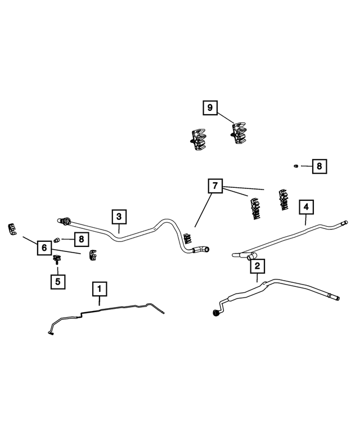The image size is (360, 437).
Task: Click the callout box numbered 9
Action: pos(210,107)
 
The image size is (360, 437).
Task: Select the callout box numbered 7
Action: pos(215,186)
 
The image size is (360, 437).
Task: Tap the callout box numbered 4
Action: pos(306,207)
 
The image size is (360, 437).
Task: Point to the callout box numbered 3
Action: pos(119,217)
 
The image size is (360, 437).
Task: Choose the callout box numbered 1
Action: pos(100,289)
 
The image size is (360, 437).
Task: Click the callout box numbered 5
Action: pos(58,281)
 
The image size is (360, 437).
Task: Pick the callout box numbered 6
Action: pos(44,248)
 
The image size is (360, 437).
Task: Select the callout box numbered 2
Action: pos(257,266)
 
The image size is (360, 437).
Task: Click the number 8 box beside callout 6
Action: pos(82,239)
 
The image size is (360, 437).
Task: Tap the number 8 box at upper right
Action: pos(319,166)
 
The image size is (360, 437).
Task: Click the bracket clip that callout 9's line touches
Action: pos(238,133)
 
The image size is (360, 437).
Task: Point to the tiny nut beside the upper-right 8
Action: pos(296,166)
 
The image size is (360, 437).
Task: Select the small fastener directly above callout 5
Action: pos(57,259)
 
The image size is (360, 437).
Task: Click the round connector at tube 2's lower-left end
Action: pos(215,313)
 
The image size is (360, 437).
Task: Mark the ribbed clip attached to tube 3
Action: pos(188,240)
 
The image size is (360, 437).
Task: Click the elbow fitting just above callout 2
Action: pos(251,256)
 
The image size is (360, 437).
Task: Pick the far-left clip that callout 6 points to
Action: pos(12,229)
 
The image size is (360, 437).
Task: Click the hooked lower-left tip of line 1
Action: pos(51,333)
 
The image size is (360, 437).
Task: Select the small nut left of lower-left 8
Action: pos(57,240)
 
